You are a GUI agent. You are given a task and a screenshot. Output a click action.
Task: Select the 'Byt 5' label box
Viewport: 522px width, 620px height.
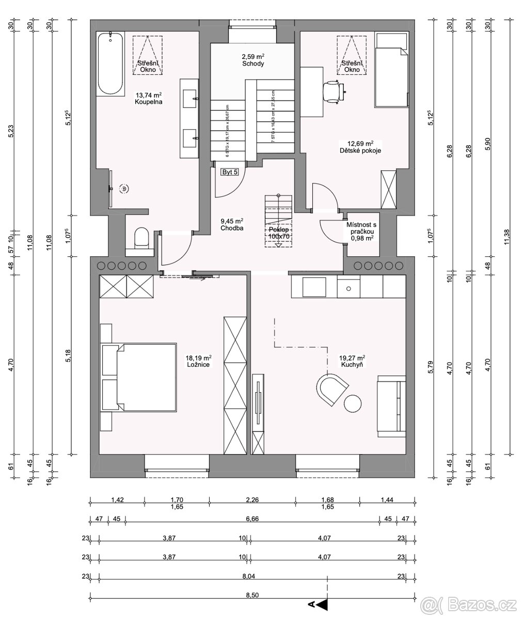pyautogui.click(x=230, y=172)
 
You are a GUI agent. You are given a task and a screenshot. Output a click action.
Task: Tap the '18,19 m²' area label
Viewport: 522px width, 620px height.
pyautogui.click(x=199, y=358)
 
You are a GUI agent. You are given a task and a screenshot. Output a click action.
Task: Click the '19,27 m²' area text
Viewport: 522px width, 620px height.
pyautogui.click(x=352, y=358)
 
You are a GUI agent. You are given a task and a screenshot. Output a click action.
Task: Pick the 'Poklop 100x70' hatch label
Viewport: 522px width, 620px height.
pyautogui.click(x=279, y=233)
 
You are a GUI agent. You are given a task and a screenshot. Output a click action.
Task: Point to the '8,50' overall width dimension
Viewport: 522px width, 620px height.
pyautogui.click(x=252, y=595)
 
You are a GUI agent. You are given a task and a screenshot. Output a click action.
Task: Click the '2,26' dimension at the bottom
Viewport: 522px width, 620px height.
pyautogui.click(x=252, y=500)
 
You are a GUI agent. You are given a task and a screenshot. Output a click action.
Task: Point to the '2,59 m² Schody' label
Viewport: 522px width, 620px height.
pyautogui.click(x=253, y=60)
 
